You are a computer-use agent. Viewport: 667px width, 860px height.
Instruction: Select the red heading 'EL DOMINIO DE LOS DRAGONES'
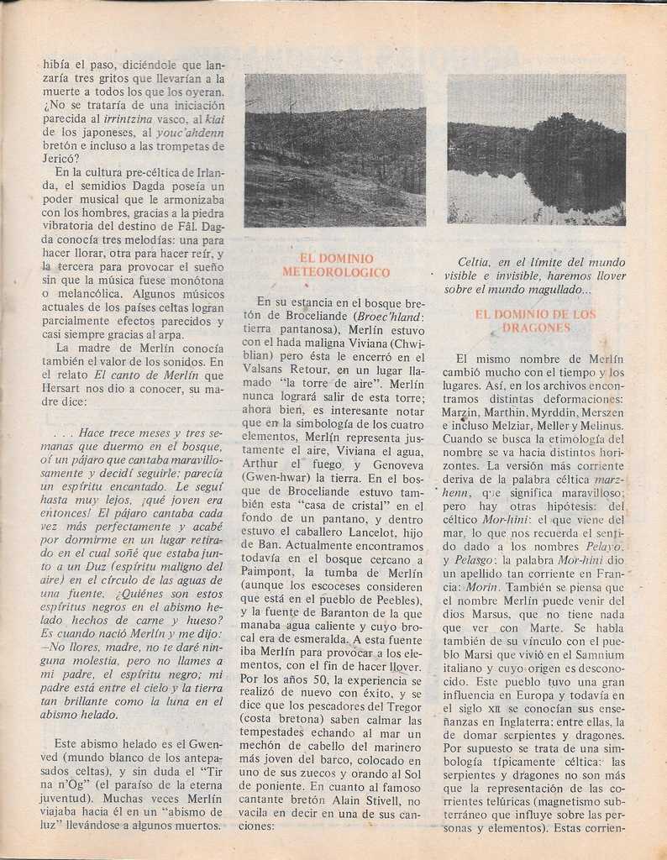pos(535,321)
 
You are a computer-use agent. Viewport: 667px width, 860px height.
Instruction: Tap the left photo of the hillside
pos(334,150)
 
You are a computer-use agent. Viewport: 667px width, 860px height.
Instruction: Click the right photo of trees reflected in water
pos(536,149)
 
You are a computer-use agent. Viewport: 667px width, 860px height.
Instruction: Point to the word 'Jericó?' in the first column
pos(60,158)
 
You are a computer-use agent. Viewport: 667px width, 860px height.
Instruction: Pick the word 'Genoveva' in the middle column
pos(397,464)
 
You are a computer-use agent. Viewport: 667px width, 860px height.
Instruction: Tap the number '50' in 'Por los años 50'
pos(301,680)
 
